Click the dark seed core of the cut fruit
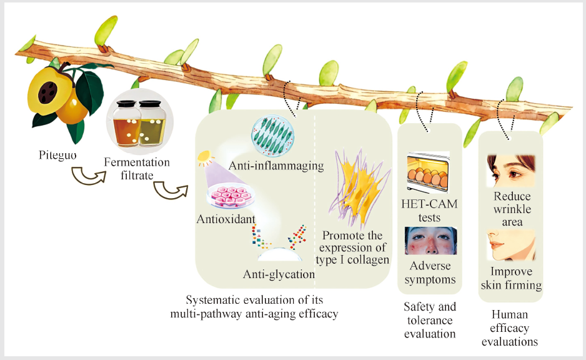(x=48, y=92)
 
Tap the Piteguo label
(x=57, y=155)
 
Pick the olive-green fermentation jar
(x=152, y=124)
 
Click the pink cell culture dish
(x=231, y=196)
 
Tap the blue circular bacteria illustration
(x=272, y=136)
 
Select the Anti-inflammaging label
(x=276, y=166)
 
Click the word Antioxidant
(x=226, y=219)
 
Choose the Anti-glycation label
(x=279, y=274)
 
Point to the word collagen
(x=368, y=260)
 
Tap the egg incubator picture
(x=428, y=172)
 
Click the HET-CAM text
(x=429, y=204)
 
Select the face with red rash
(x=430, y=241)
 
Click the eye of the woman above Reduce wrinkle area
(x=512, y=174)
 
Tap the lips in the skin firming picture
(x=496, y=245)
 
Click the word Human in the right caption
(x=510, y=314)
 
